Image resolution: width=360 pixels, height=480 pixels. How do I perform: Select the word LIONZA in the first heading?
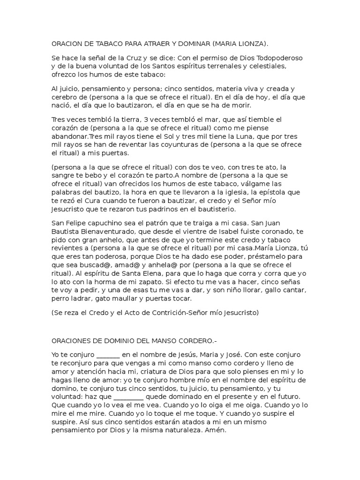pyautogui.click(x=251, y=44)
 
